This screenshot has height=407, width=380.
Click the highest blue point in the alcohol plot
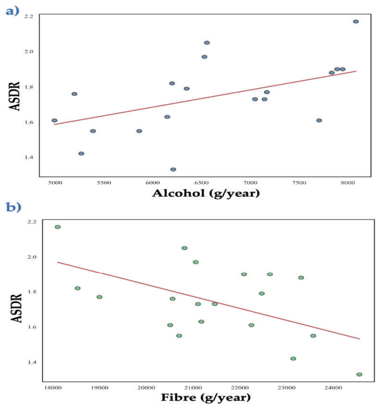[356, 21]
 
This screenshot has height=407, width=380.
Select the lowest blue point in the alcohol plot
[173, 169]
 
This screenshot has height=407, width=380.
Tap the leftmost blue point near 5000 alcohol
[54, 120]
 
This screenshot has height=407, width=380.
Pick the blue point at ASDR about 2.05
[207, 43]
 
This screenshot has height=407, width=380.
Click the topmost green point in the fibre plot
[58, 227]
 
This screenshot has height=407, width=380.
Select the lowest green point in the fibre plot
[359, 375]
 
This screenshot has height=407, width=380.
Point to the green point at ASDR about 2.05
[184, 248]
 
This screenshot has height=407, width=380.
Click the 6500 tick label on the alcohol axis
[201, 183]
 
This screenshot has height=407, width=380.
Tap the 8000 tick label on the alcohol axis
[348, 183]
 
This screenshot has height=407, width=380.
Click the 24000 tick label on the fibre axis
[333, 388]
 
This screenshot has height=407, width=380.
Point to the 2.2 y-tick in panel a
[29, 16]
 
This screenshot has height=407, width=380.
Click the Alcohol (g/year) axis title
[206, 193]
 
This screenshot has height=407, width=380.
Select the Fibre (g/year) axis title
[206, 398]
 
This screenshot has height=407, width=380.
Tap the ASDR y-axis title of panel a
[15, 96]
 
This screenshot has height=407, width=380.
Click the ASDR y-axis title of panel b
[16, 308]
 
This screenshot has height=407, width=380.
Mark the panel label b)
[14, 207]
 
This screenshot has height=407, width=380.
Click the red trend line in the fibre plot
[208, 301]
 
